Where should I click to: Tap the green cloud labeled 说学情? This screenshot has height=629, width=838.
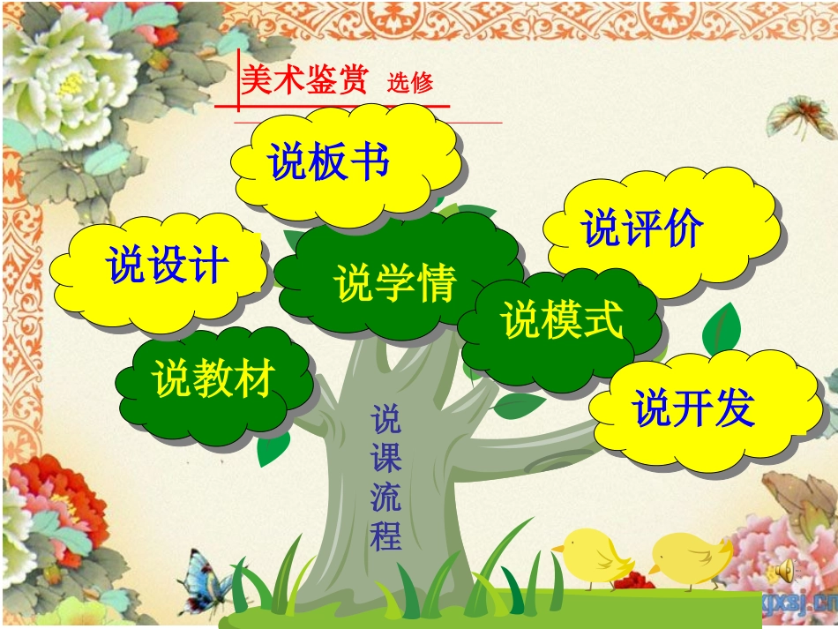[x=394, y=281]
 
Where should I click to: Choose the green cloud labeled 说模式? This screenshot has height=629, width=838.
[x=562, y=320]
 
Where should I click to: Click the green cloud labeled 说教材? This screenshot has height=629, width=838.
[x=213, y=379]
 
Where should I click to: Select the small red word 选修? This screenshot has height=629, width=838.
[x=410, y=84]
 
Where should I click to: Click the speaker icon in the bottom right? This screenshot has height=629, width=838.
[x=781, y=574]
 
